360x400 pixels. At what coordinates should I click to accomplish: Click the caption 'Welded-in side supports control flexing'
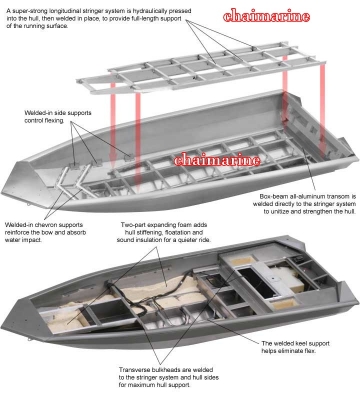click(54, 121)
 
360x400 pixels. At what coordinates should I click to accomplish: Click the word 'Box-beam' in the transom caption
click(274, 197)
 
